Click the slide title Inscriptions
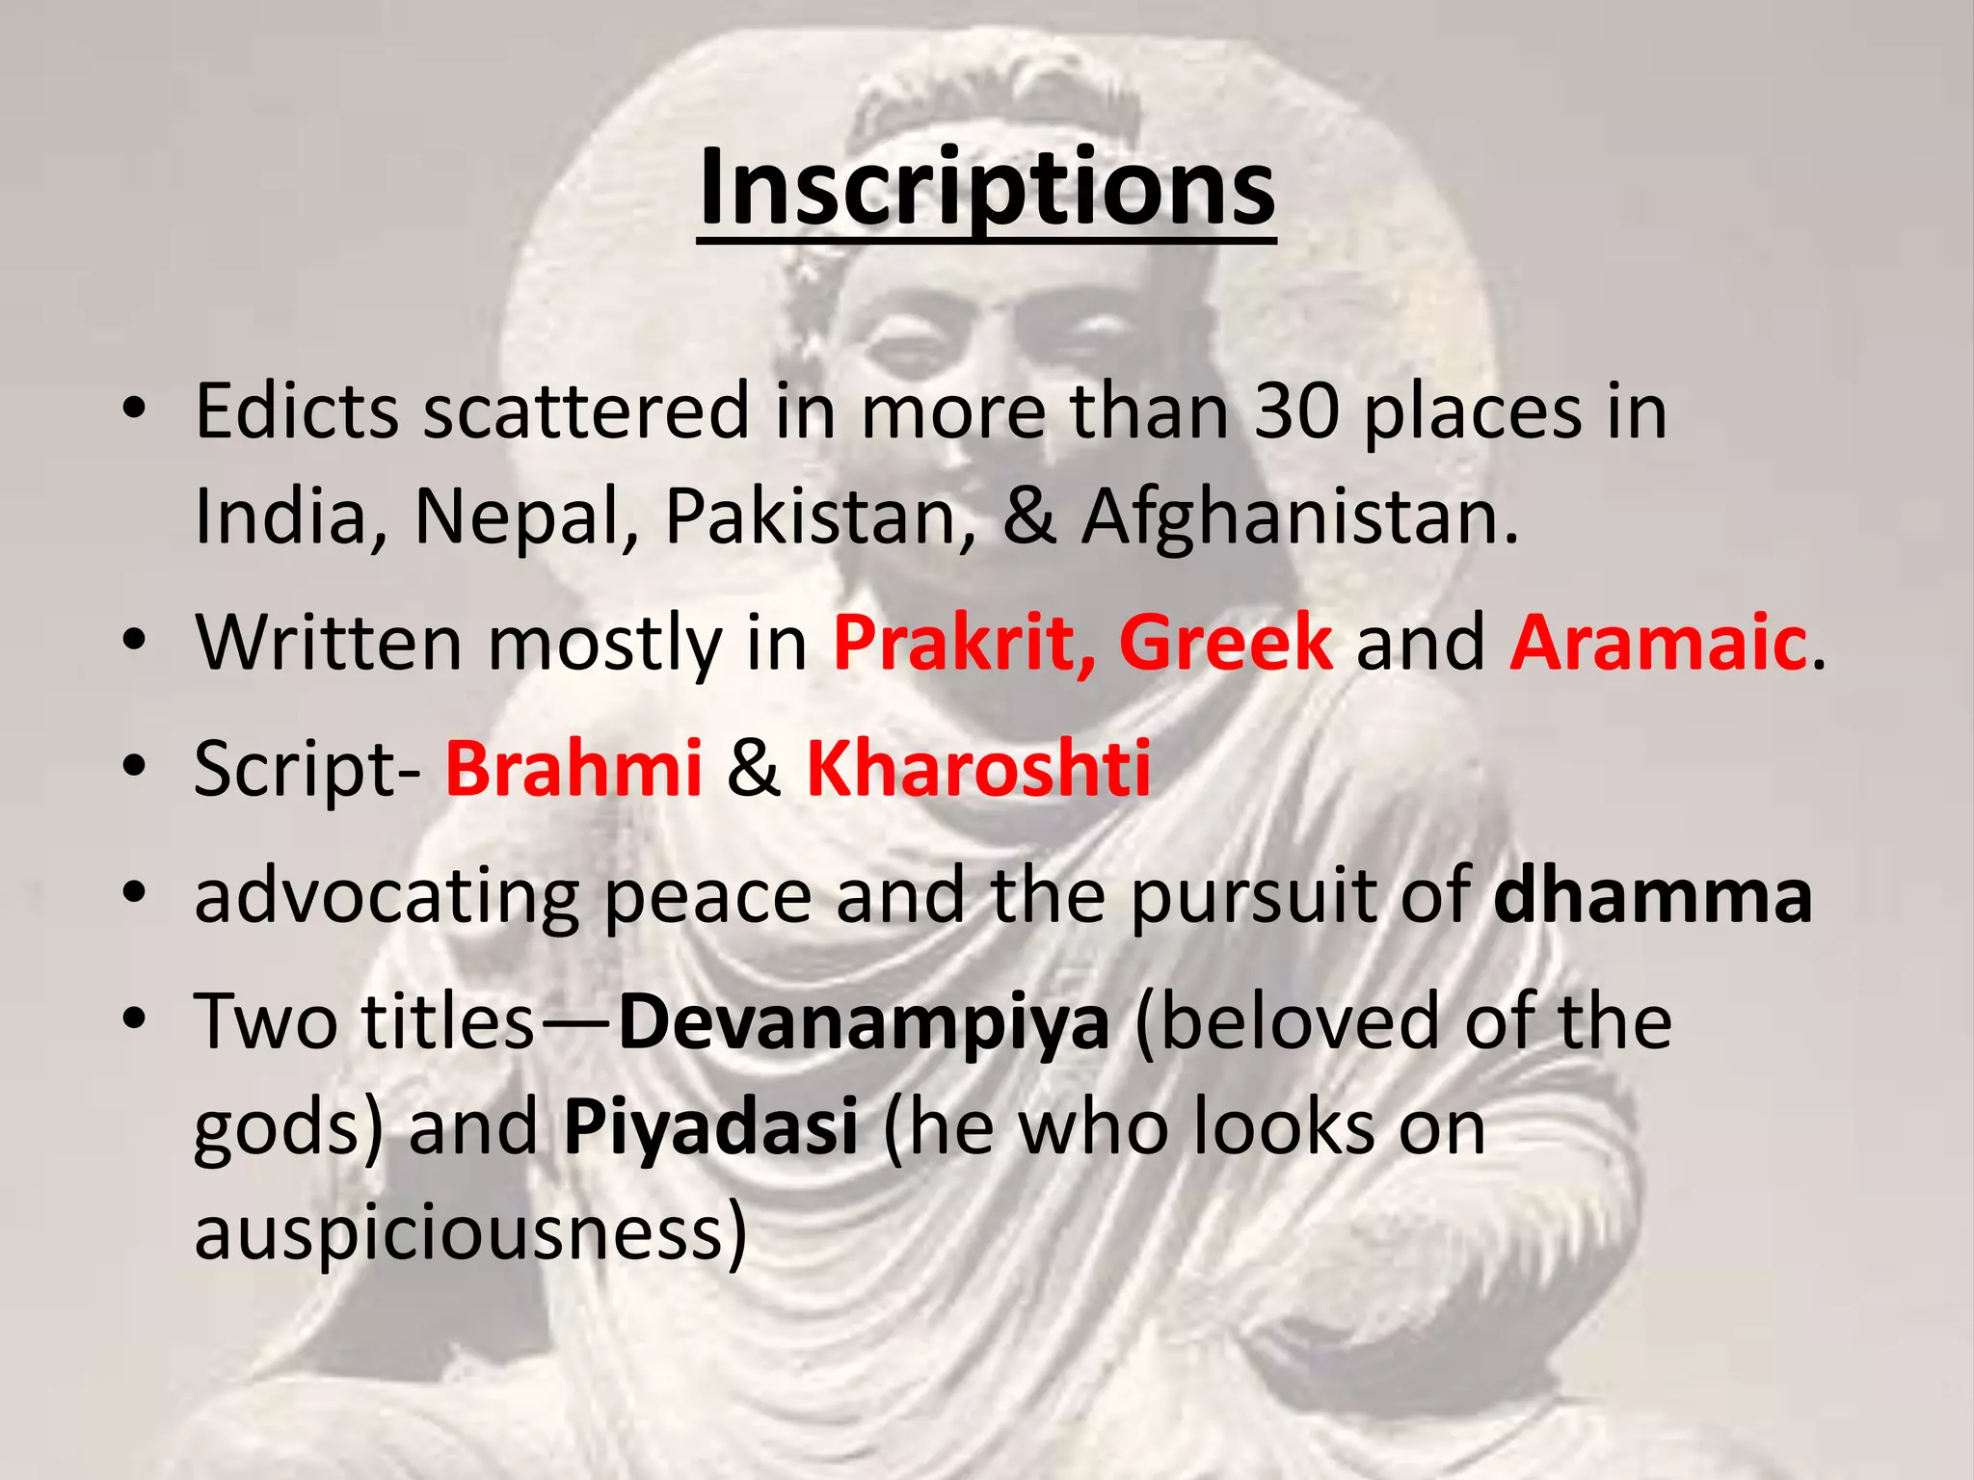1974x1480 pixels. click(x=986, y=188)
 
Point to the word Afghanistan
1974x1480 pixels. click(x=1298, y=517)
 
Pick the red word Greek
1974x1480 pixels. click(x=1226, y=643)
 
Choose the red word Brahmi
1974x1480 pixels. click(x=574, y=768)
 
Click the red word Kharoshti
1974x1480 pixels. click(x=978, y=768)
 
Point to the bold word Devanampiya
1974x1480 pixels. click(x=864, y=1021)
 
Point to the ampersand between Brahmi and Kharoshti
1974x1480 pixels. click(x=754, y=768)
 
